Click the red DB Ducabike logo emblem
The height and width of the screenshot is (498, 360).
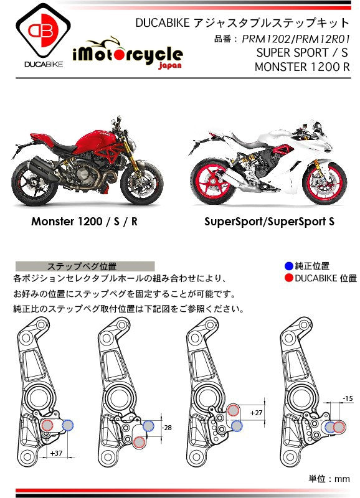43,31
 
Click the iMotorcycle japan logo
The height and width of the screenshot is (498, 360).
128,54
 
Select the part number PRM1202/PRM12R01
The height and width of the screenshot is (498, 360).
295,39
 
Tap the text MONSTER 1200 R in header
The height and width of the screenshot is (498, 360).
302,67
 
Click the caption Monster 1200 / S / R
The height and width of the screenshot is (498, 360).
84,222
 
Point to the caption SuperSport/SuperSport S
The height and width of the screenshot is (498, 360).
270,222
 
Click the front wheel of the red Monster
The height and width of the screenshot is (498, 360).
142,182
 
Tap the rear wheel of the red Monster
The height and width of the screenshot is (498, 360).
34,183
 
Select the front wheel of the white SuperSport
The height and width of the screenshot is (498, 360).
324,183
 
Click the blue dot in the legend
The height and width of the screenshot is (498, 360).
289,266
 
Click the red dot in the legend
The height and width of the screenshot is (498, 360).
289,278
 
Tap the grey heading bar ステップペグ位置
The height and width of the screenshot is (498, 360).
85,266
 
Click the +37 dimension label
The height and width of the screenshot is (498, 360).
56,453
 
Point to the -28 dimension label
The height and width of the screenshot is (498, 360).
167,428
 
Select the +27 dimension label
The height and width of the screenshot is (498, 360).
256,413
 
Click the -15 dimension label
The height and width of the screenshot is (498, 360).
348,398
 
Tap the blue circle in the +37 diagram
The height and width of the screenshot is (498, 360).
68,425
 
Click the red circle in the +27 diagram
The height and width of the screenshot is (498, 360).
233,410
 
